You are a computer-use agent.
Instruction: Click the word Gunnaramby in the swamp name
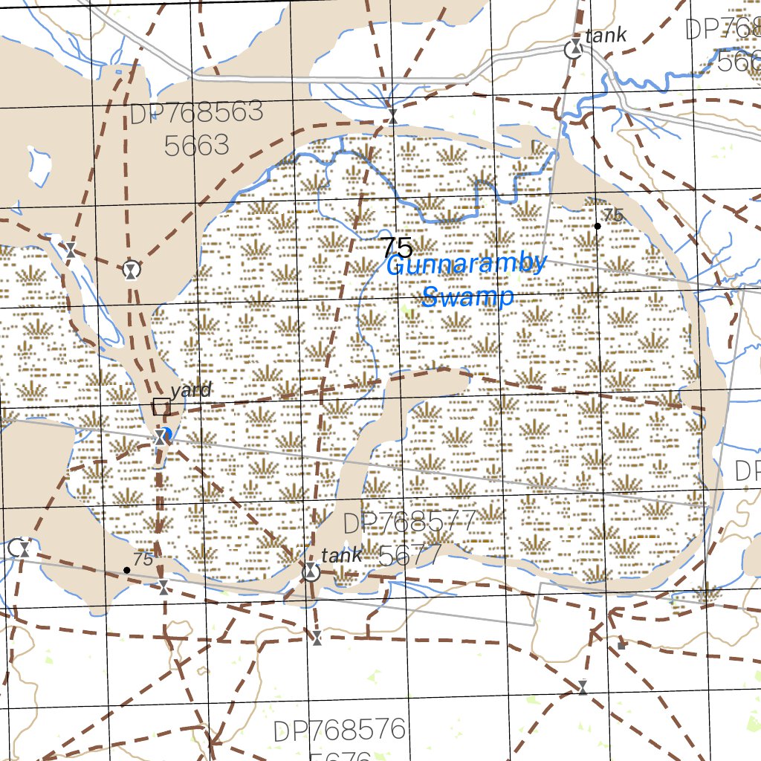tap(467, 265)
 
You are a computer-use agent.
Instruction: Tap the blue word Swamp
tap(467, 297)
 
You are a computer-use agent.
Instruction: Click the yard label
tap(191, 389)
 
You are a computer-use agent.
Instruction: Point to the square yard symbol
tap(161, 407)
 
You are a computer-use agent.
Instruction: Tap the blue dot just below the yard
tap(167, 433)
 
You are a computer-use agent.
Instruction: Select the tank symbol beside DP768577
tap(311, 572)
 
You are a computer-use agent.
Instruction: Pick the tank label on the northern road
tap(606, 34)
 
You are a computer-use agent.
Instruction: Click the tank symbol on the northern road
tap(574, 51)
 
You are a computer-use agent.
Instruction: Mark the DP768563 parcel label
tap(196, 113)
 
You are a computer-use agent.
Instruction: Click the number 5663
tap(196, 146)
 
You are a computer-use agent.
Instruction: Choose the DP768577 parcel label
tap(409, 523)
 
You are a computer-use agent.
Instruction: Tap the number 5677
tap(410, 554)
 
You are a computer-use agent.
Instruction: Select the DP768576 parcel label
tap(340, 730)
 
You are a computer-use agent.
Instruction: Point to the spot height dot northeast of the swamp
tap(598, 225)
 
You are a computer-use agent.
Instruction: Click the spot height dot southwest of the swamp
tap(126, 570)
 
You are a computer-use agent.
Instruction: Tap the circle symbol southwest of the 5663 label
tap(132, 269)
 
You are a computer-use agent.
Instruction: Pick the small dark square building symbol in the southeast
tap(621, 645)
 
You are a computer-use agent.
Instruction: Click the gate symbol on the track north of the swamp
tap(393, 117)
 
